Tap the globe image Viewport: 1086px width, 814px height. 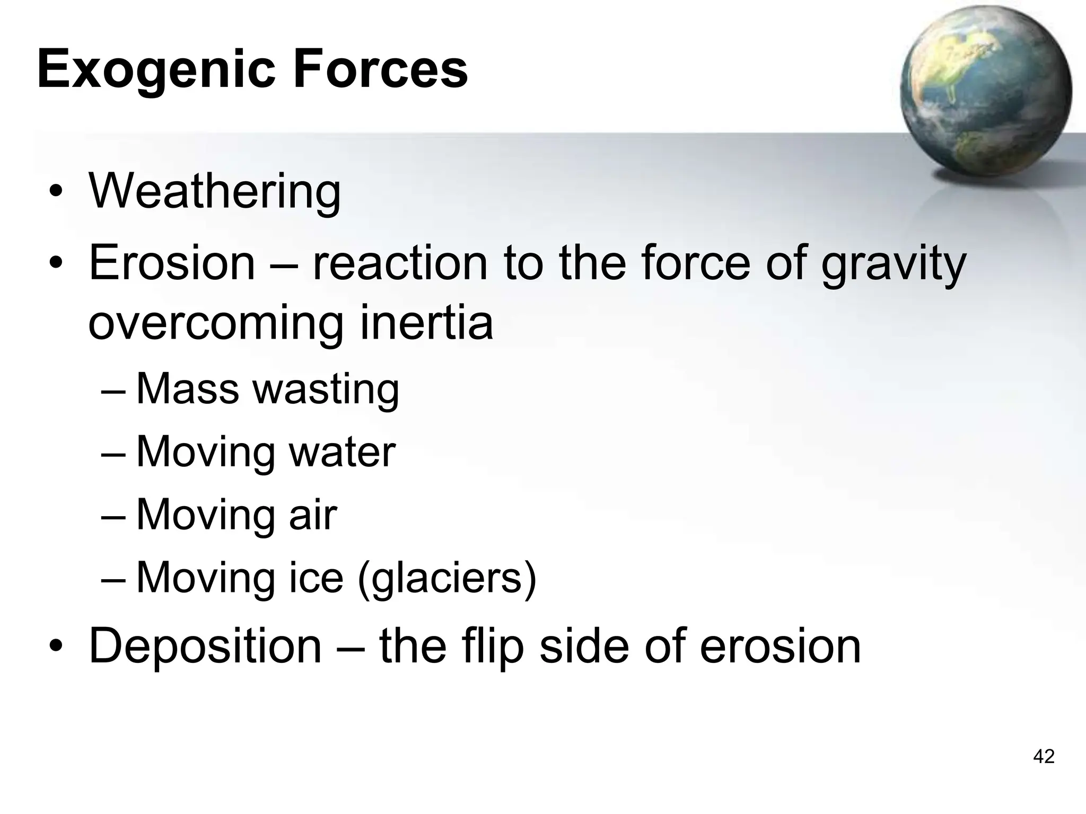pyautogui.click(x=986, y=93)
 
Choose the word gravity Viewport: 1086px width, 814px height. pyautogui.click(x=894, y=263)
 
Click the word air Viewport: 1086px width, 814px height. pyautogui.click(x=313, y=515)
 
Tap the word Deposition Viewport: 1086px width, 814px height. pyautogui.click(x=206, y=647)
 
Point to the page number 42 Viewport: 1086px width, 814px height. pyautogui.click(x=1044, y=756)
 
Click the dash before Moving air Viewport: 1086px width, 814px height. pyautogui.click(x=113, y=516)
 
